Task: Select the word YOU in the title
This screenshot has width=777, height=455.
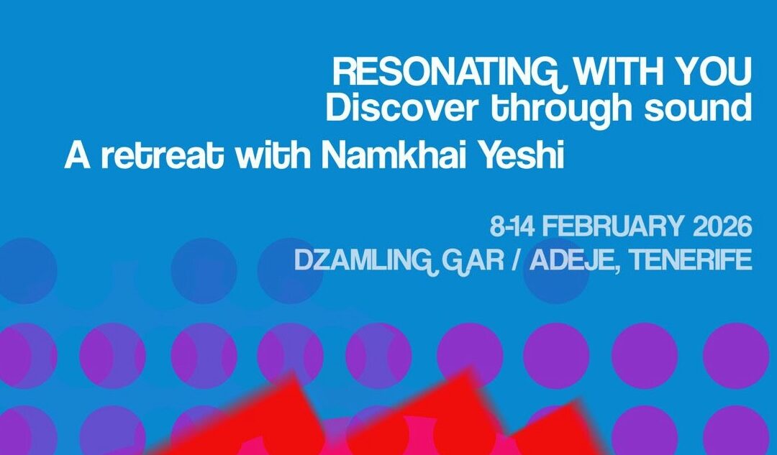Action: [711, 72]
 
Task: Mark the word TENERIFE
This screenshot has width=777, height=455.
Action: [691, 259]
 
